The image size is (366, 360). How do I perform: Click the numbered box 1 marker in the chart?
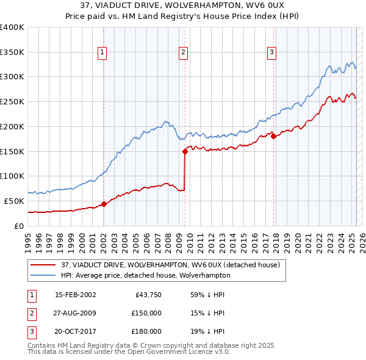click(102, 52)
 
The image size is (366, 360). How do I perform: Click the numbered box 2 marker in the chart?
click(184, 52)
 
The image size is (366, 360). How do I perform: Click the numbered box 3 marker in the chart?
click(271, 52)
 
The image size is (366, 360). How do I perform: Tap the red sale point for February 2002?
click(104, 204)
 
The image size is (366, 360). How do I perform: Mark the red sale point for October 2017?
click(273, 136)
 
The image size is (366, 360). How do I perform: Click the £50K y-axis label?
click(15, 201)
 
